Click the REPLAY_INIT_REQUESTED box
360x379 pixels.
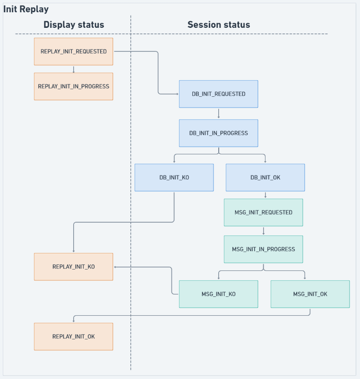pyautogui.click(x=74, y=51)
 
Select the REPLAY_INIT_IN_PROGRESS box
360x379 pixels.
pyautogui.click(x=74, y=86)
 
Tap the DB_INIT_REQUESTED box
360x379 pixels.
pyautogui.click(x=218, y=94)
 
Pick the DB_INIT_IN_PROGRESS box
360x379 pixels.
pyautogui.click(x=218, y=133)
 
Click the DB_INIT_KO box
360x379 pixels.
pyautogui.click(x=174, y=177)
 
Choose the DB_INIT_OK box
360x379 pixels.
pyautogui.click(x=266, y=177)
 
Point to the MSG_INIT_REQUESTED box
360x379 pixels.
pyautogui.click(x=264, y=212)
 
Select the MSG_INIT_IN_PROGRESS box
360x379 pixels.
pyautogui.click(x=264, y=249)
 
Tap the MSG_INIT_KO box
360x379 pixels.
pyautogui.click(x=218, y=294)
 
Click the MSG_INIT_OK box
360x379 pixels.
pyautogui.click(x=310, y=294)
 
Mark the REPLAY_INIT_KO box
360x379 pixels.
pyautogui.click(x=74, y=267)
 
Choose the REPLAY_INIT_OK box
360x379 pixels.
pyautogui.click(x=74, y=337)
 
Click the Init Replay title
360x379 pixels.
pyautogui.click(x=26, y=9)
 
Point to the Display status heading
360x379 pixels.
pyautogui.click(x=74, y=25)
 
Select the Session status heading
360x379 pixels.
pyautogui.click(x=219, y=25)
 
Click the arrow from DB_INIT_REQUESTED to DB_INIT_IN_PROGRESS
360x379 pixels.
pyautogui.click(x=219, y=114)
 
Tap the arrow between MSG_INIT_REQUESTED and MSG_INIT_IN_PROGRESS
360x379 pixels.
pyautogui.click(x=264, y=231)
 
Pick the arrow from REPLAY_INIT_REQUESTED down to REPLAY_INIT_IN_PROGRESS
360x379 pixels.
pyautogui.click(x=74, y=69)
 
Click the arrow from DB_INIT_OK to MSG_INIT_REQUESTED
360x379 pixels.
pyautogui.click(x=266, y=195)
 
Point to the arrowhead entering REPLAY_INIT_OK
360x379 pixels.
pyautogui.click(x=74, y=321)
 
